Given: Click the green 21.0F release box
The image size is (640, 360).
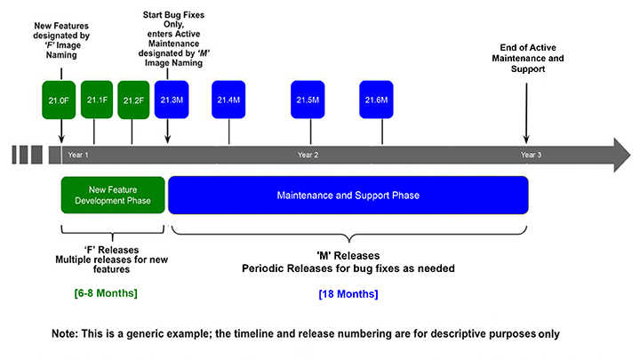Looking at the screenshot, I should pos(60,100).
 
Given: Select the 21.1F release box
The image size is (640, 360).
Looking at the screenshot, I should pos(97,100).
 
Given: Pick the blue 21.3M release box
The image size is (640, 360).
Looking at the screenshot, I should pos(171,100).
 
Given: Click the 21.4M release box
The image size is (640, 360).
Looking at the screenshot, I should pos(228,100).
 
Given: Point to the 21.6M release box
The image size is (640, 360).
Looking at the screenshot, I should pos(376,100).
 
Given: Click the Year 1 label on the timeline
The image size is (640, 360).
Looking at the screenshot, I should pos(78,155).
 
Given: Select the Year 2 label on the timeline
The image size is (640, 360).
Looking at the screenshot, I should pos(308,155).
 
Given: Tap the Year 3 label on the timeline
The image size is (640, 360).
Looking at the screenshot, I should pos(531,155).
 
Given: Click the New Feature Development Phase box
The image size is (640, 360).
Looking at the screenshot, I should pos(113,195).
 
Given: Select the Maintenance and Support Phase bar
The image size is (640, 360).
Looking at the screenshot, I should pos(348,195).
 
